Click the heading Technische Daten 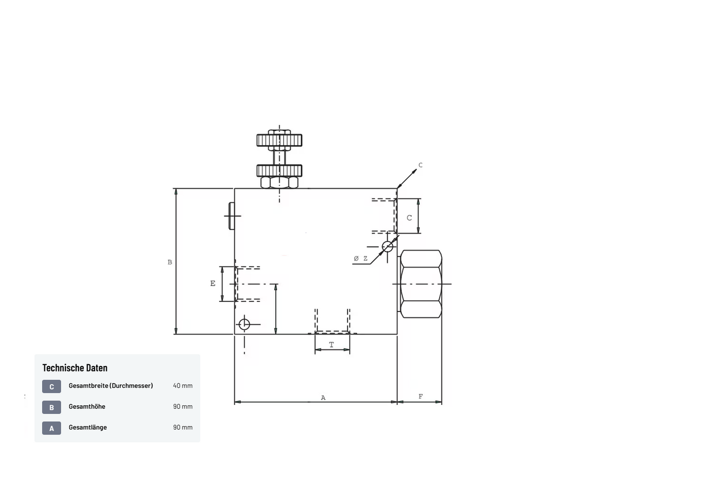(75, 368)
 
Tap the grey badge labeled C (52, 386)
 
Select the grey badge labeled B (52, 407)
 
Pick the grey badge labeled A (52, 428)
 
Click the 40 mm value (183, 385)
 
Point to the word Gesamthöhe (87, 406)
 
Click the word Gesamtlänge (88, 427)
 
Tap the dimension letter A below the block (323, 398)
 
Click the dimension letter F (421, 396)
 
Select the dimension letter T (332, 344)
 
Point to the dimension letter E (213, 284)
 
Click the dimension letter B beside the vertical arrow (170, 262)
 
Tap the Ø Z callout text (361, 258)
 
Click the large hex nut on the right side (421, 284)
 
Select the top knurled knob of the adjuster (279, 140)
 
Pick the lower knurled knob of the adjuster (279, 171)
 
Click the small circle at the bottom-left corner (244, 324)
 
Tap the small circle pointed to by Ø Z (387, 247)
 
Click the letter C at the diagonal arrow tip (421, 165)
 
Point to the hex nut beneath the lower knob (279, 183)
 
